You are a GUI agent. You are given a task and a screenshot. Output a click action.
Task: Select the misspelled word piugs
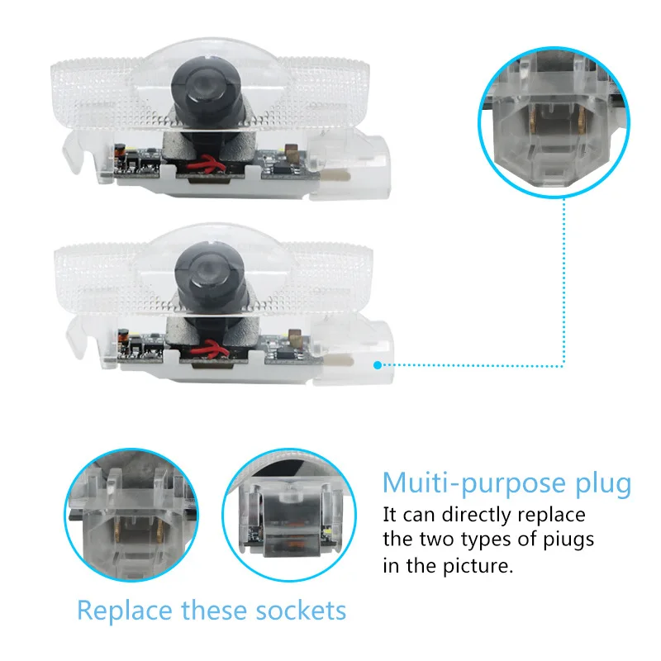[x=568, y=540]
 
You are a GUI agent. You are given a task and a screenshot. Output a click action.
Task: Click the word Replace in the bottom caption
[x=125, y=611]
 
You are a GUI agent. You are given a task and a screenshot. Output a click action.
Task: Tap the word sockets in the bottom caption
[x=301, y=611]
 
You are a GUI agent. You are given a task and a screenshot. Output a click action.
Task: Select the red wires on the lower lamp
[x=209, y=349]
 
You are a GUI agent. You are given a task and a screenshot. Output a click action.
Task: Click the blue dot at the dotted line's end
[x=378, y=365]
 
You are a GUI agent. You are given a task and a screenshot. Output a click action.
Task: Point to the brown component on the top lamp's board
[x=292, y=151]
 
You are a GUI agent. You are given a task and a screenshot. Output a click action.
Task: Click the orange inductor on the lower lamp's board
[x=122, y=336]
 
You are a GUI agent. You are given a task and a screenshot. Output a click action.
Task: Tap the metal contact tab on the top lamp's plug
[x=335, y=175]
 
